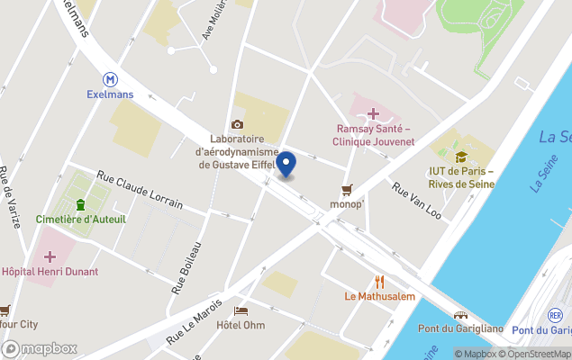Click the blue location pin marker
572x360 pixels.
[x=286, y=165]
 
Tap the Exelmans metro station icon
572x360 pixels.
[x=110, y=78]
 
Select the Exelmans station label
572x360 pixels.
[x=110, y=93]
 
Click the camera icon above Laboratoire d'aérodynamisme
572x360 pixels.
[x=237, y=124]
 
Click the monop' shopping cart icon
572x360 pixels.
[x=346, y=189]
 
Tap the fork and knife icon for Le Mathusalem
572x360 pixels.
[x=379, y=281]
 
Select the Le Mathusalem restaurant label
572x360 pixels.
[x=379, y=295]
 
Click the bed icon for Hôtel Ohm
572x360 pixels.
[x=241, y=310]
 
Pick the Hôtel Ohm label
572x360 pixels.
[x=241, y=325]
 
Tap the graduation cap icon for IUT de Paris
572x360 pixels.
[x=461, y=157]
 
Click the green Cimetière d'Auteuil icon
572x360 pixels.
[x=80, y=204]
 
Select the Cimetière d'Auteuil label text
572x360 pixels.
[x=80, y=219]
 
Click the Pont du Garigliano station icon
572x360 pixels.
[x=461, y=316]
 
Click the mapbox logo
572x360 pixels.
[x=41, y=348]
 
